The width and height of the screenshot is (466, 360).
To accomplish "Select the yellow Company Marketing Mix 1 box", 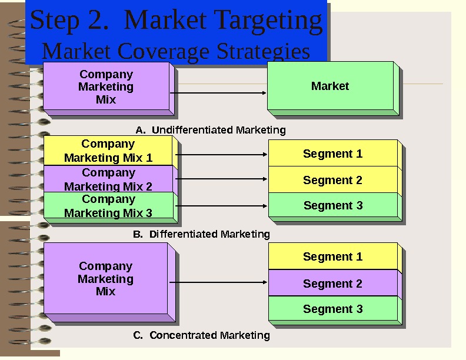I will click(x=108, y=151).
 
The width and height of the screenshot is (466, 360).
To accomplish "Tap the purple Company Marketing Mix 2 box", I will click(x=108, y=179).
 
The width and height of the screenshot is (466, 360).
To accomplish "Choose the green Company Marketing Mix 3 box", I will click(x=108, y=206).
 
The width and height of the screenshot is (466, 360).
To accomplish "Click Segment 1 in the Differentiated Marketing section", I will click(x=332, y=154).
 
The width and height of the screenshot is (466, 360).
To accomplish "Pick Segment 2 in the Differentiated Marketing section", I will click(x=332, y=180).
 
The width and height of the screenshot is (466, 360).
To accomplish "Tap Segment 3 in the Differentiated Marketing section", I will click(x=332, y=206).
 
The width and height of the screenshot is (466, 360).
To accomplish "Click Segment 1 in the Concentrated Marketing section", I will click(x=332, y=256).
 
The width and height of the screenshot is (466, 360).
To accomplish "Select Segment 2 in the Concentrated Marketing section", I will click(x=332, y=284).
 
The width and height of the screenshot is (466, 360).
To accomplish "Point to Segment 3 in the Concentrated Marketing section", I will click(x=332, y=309).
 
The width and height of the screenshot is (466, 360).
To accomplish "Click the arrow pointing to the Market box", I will click(x=218, y=93).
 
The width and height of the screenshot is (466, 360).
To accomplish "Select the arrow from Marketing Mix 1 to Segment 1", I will click(x=221, y=155).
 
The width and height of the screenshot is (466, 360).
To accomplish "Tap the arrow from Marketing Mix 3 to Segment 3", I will click(x=221, y=206).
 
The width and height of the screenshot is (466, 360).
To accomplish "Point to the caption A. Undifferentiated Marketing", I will click(x=210, y=130).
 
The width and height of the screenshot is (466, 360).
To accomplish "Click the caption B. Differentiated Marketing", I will click(x=201, y=234).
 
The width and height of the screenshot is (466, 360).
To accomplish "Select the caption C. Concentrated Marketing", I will click(x=201, y=335).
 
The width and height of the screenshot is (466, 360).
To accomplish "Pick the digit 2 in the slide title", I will click(x=94, y=21).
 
